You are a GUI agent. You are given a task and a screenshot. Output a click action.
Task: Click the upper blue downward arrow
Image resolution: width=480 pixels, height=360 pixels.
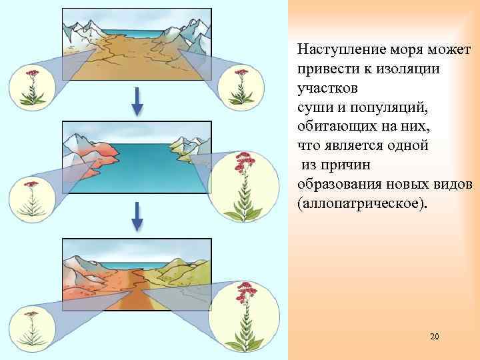pos(136,102)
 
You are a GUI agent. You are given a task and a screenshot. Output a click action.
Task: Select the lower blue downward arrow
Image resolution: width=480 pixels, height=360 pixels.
pos(136,216)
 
